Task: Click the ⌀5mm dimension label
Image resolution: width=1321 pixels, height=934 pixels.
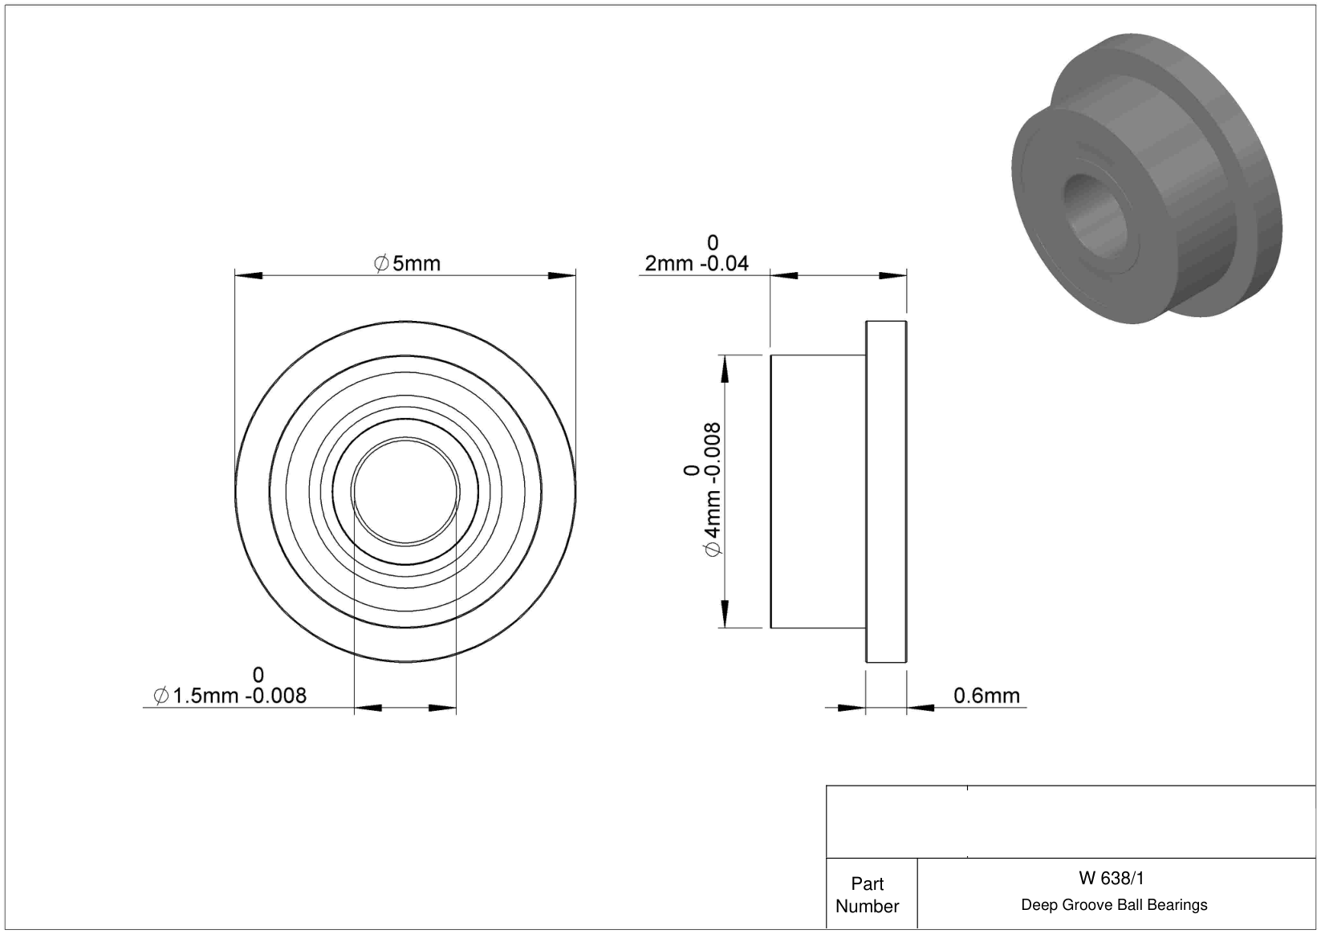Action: click(x=407, y=263)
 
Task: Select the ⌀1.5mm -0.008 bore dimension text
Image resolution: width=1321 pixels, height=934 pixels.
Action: click(x=230, y=696)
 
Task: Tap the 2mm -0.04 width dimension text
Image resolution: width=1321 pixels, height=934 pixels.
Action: click(x=697, y=263)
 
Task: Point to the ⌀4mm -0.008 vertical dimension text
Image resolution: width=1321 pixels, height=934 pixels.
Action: click(x=713, y=489)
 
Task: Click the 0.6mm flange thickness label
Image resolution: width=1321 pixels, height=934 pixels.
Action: click(x=986, y=696)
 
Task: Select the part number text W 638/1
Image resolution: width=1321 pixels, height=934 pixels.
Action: click(x=1112, y=879)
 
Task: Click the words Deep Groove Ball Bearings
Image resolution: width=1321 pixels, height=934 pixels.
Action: click(x=1114, y=905)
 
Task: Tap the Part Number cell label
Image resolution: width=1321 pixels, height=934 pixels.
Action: click(x=868, y=895)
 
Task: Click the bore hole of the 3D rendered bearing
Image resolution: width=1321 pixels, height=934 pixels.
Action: click(x=1095, y=216)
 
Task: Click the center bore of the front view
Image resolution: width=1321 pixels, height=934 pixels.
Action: click(x=405, y=491)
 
